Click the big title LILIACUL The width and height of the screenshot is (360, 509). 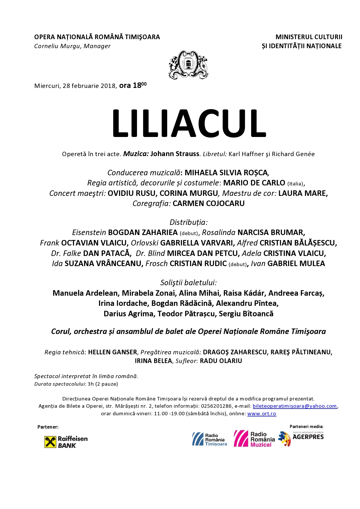pyautogui.click(x=189, y=123)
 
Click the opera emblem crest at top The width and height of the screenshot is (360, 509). pyautogui.click(x=188, y=64)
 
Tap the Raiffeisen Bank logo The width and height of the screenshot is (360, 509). pyautogui.click(x=66, y=442)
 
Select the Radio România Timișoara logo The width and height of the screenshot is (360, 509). pyautogui.click(x=210, y=439)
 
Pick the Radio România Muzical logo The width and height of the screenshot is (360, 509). pyautogui.click(x=254, y=439)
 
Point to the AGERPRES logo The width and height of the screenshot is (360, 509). pyautogui.click(x=301, y=438)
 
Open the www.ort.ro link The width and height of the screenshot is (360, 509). pyautogui.click(x=262, y=414)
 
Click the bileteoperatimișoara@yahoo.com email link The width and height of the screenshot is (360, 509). pyautogui.click(x=295, y=406)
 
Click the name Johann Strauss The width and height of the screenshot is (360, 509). pyautogui.click(x=175, y=154)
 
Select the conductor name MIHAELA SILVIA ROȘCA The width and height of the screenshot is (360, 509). pyautogui.click(x=226, y=173)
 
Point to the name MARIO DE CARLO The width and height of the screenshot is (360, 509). pyautogui.click(x=254, y=183)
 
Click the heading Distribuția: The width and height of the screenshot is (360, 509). pyautogui.click(x=189, y=222)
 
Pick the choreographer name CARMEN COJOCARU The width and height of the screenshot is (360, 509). pyautogui.click(x=208, y=203)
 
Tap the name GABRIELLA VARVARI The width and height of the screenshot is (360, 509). pyautogui.click(x=197, y=243)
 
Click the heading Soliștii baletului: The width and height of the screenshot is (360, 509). pyautogui.click(x=189, y=283)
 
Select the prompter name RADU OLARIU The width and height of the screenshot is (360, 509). pyautogui.click(x=221, y=361)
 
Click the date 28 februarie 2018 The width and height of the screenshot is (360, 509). pyautogui.click(x=89, y=86)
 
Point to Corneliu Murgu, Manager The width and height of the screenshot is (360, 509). pyautogui.click(x=72, y=46)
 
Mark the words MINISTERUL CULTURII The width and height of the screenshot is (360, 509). pyautogui.click(x=309, y=37)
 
